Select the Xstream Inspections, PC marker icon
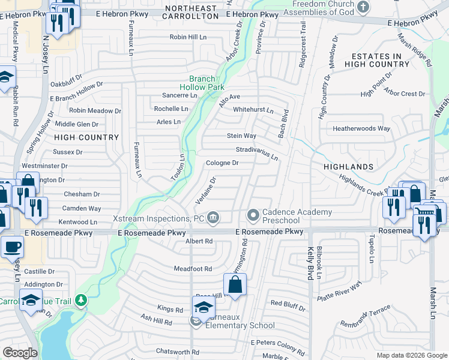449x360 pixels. pyautogui.click(x=212, y=218)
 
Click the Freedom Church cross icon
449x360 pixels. pyautogui.click(x=363, y=7)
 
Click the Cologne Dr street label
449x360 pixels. pyautogui.click(x=222, y=163)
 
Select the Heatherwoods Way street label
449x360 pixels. pyautogui.click(x=361, y=128)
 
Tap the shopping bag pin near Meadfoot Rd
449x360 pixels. pyautogui.click(x=235, y=284)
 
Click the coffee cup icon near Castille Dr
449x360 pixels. pyautogui.click(x=11, y=245)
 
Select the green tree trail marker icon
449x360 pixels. pyautogui.click(x=79, y=299)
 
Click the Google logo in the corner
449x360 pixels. pyautogui.click(x=20, y=353)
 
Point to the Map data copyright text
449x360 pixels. pyautogui.click(x=411, y=355)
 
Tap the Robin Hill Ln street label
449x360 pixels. pyautogui.click(x=188, y=37)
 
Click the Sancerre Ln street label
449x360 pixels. pyautogui.click(x=180, y=95)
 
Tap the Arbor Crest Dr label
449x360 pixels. pyautogui.click(x=405, y=94)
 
